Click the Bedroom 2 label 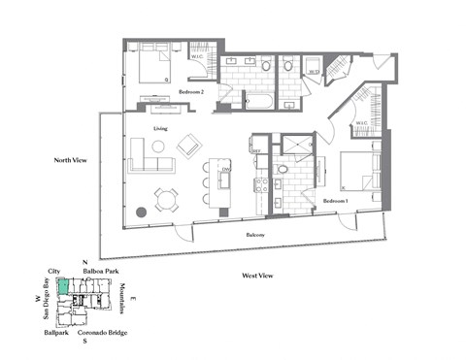click(x=189, y=92)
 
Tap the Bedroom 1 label click(x=335, y=201)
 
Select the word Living click(x=162, y=128)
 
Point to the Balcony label click(x=254, y=235)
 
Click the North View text click(x=71, y=159)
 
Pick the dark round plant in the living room click(x=142, y=211)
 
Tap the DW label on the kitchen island click(x=224, y=171)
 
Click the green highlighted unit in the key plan click(x=63, y=285)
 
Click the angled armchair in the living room click(x=188, y=147)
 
